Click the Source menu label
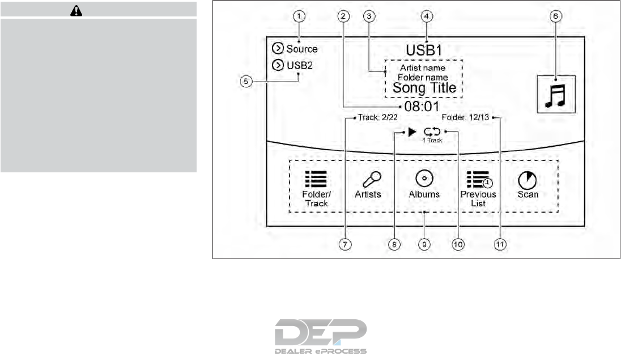302,49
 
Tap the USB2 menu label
299,65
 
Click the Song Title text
423,88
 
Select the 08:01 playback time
422,107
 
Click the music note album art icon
556,92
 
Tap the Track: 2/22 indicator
377,118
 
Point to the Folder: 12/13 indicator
467,118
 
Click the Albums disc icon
424,179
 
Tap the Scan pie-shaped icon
527,180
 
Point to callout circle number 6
556,16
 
